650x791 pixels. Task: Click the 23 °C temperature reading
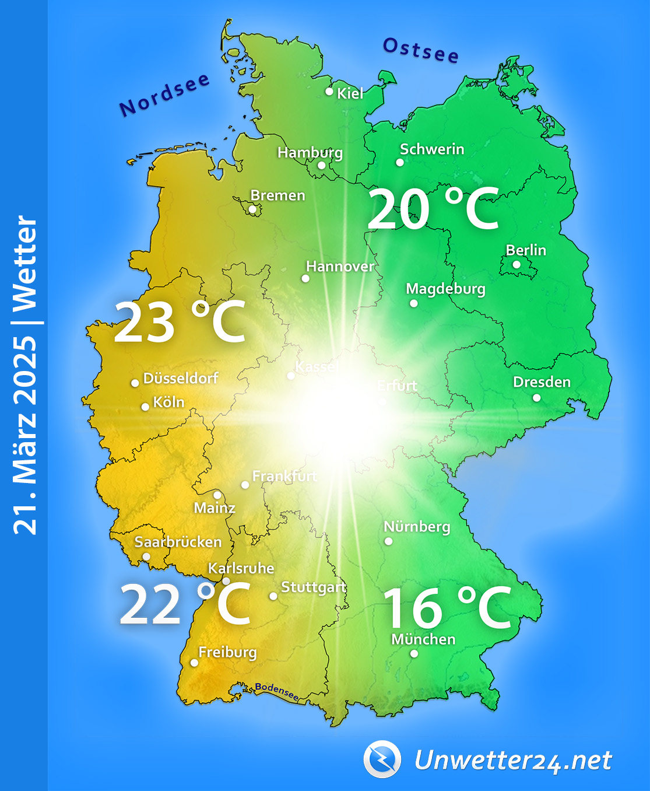tap(180, 322)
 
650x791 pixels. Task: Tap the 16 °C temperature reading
tap(447, 608)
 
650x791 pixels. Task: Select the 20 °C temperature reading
tap(433, 209)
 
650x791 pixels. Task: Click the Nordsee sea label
tap(164, 95)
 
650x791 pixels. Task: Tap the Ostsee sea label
tap(420, 50)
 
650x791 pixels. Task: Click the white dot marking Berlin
tap(517, 264)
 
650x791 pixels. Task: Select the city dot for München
tap(414, 654)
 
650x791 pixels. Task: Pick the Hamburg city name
tap(310, 153)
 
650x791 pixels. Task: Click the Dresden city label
tap(542, 382)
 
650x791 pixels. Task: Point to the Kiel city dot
tap(329, 92)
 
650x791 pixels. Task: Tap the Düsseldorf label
tap(181, 378)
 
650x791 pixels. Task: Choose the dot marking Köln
tap(145, 407)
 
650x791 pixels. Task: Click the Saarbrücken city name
tap(178, 542)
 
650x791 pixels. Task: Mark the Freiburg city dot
tap(194, 663)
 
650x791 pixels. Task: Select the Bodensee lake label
tap(277, 692)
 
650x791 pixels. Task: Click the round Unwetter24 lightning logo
tap(382, 759)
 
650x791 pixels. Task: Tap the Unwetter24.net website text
tap(513, 761)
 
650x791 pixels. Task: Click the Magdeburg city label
tap(445, 289)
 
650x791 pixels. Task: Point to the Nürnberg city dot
tap(389, 541)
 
